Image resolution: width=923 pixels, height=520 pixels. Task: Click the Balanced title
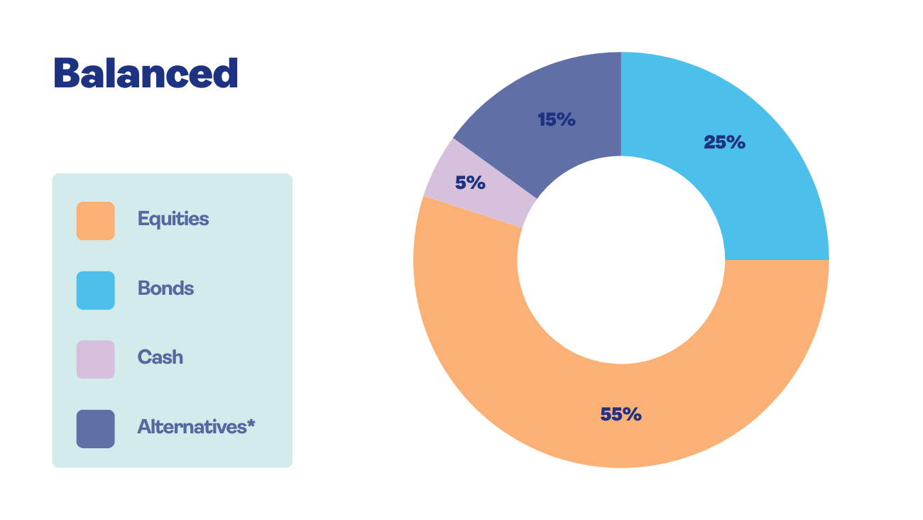point(146,73)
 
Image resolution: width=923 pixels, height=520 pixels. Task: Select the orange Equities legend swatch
point(95,221)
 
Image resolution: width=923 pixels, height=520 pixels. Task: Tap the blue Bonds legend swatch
point(95,291)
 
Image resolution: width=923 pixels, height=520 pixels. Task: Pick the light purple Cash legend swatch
point(95,359)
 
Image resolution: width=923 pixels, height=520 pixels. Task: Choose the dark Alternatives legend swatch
point(95,429)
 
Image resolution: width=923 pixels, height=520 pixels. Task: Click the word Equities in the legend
point(173,219)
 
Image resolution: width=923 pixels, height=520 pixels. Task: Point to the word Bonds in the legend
point(165,288)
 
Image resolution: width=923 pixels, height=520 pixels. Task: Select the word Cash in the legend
point(160,357)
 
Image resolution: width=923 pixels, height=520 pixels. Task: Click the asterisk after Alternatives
point(251,424)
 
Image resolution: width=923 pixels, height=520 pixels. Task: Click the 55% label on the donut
point(621,414)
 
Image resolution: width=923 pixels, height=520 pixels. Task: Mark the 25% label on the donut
point(724,143)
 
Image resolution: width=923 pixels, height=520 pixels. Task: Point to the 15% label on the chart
point(556,120)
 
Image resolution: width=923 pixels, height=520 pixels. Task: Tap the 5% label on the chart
point(470,183)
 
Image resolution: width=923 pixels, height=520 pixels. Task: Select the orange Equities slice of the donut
point(497,355)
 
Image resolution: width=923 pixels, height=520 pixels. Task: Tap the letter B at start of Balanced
point(66,73)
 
